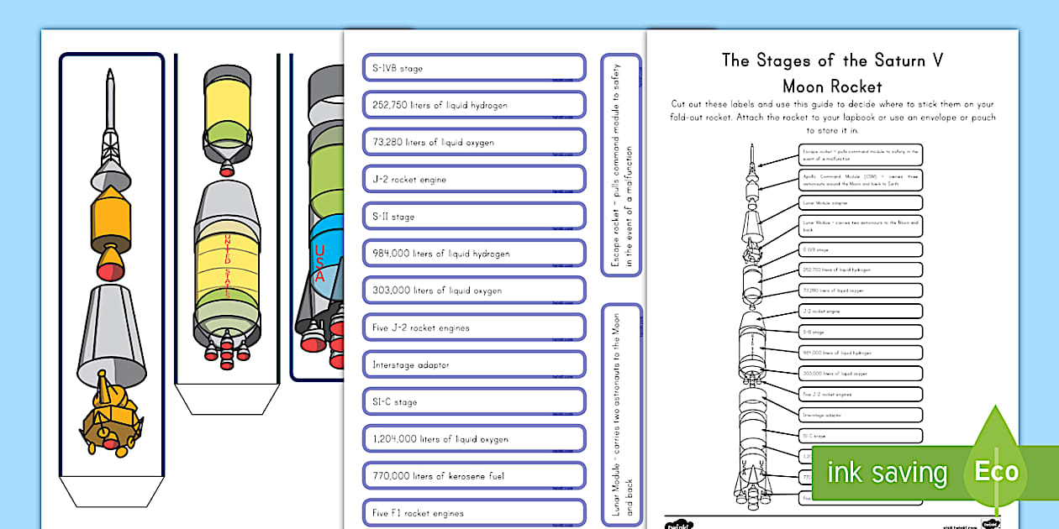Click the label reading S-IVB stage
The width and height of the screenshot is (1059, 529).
[x=473, y=68]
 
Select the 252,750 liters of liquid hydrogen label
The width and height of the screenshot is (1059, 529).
[x=473, y=105]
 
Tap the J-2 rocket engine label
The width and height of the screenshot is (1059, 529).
[x=473, y=179]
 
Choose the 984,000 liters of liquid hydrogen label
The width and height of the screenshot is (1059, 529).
[x=473, y=254]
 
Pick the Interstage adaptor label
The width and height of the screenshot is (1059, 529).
[x=473, y=364]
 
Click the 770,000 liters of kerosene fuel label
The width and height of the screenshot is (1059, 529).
[x=473, y=476]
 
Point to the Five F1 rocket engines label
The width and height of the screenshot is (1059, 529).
[x=473, y=512]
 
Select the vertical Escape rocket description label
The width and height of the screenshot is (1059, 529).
[x=621, y=165]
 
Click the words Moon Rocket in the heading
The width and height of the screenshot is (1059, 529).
[x=832, y=86]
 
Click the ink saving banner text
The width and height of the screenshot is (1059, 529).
[x=886, y=473]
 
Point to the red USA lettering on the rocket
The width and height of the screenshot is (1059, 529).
[x=319, y=263]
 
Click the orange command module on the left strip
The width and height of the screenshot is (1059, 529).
[x=111, y=213]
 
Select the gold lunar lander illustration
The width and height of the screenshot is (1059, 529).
[x=108, y=416]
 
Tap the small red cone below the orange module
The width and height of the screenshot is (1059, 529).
[x=110, y=268]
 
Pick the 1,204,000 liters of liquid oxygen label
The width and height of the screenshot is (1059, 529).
[x=473, y=438]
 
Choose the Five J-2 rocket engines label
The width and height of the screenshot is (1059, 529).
[x=473, y=327]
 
